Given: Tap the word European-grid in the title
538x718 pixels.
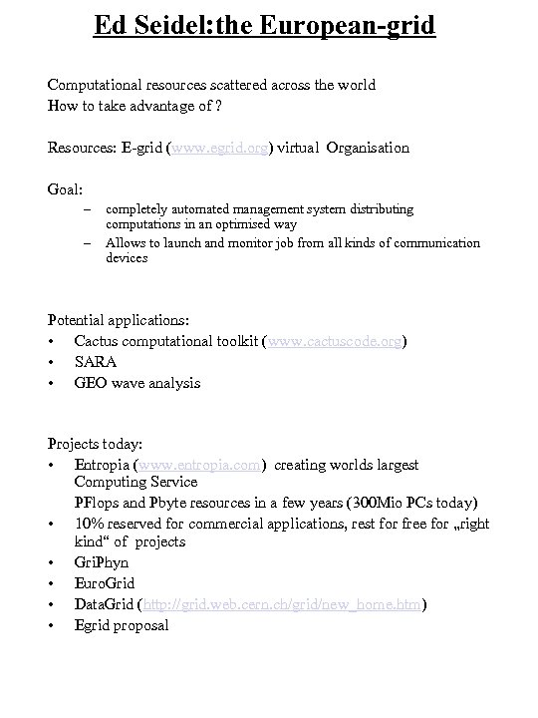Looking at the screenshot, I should tap(352, 24).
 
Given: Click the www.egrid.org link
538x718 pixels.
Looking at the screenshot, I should tap(221, 148).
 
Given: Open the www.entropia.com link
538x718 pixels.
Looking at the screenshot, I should tap(203, 465).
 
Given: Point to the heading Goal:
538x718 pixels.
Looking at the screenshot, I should tap(67, 187).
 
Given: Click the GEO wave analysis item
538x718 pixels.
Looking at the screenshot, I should tap(136, 383).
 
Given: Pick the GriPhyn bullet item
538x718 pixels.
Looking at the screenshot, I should tap(101, 562).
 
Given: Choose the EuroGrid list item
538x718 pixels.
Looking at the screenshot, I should tap(104, 583).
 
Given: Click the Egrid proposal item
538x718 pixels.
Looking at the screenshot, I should tap(122, 625).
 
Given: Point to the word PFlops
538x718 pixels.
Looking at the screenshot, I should tap(98, 502).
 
